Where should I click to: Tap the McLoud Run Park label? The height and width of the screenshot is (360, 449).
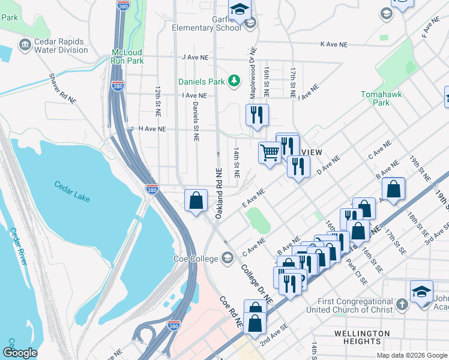coord(127,56)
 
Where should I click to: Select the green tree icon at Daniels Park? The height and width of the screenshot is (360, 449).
coord(236,81)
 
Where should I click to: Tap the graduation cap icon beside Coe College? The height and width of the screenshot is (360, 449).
coord(227,259)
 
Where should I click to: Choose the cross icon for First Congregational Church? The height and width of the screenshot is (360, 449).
coord(402,305)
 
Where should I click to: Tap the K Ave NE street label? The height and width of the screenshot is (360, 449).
coord(334,44)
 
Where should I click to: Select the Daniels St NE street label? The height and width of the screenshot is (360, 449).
coord(196,121)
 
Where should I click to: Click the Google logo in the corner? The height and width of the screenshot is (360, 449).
coord(20,353)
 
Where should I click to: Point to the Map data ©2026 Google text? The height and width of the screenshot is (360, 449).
coord(411,355)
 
